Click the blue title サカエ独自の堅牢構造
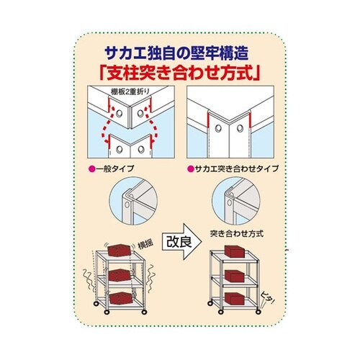click(x=179, y=53)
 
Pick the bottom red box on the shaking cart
click(x=117, y=299)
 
